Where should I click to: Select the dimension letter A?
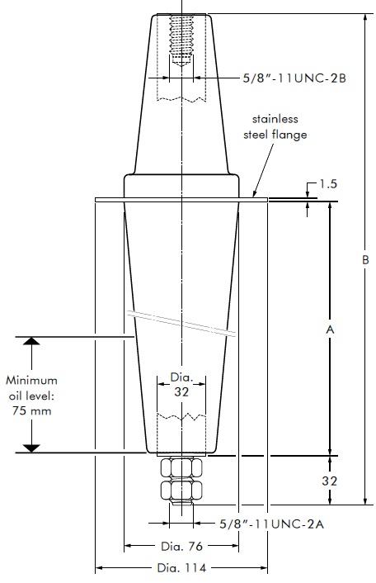pos(330,329)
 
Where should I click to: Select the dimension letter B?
pos(364,259)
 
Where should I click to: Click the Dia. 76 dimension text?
pos(181,546)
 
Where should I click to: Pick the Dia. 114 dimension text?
pos(181,567)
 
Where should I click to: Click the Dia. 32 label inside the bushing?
pos(181,385)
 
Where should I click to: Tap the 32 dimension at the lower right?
pos(330,479)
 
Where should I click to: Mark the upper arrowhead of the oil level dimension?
pos(31,341)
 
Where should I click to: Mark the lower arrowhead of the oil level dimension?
pos(31,448)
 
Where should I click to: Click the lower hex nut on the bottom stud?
pos(181,491)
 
